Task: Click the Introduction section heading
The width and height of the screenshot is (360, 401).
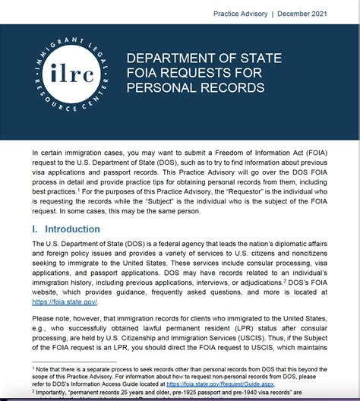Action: (72, 229)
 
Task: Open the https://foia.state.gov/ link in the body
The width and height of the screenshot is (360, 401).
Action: (65, 302)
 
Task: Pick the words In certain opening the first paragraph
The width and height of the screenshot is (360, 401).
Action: (49, 153)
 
